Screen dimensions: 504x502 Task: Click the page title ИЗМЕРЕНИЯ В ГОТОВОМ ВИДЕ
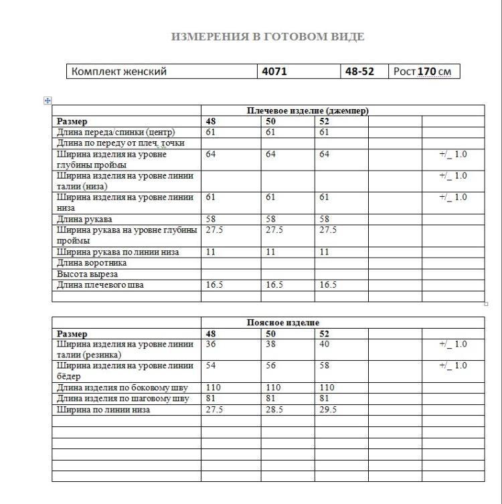[x=268, y=37]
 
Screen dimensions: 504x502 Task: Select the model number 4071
[x=274, y=71]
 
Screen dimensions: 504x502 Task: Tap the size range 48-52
[x=359, y=71]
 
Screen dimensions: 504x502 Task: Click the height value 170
[x=427, y=71]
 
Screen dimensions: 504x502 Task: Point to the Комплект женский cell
[x=119, y=71]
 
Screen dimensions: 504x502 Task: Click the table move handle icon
[x=48, y=100]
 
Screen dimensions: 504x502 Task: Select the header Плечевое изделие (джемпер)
[x=308, y=110]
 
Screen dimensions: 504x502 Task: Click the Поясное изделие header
[x=283, y=323]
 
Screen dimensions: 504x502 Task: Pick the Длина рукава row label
[x=84, y=219]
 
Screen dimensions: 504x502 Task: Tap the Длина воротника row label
[x=92, y=263]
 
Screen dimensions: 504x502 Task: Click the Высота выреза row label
[x=88, y=274]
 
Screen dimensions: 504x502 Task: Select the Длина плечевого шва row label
[x=100, y=285]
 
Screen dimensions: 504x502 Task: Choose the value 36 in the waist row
[x=211, y=344]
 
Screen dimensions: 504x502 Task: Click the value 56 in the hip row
[x=271, y=365]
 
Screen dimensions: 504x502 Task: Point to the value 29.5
[x=327, y=410]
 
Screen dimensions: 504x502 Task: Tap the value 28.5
[x=274, y=410]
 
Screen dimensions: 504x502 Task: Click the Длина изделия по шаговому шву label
[x=122, y=398]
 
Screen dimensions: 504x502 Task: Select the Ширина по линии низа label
[x=103, y=410]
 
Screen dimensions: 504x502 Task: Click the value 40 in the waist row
[x=325, y=344]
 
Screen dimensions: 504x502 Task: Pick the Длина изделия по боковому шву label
[x=122, y=388]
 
